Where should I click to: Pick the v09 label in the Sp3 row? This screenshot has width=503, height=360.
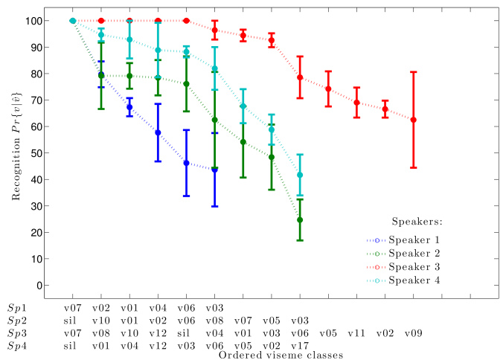(x=413, y=333)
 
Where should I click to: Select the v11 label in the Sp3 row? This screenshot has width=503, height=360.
(x=356, y=333)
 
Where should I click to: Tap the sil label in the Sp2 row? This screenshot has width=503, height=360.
(x=72, y=320)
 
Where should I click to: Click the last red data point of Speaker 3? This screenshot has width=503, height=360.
(x=414, y=120)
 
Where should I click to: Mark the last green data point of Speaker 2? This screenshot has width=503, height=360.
(x=300, y=220)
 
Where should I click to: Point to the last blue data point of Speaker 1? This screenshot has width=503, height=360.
(x=215, y=170)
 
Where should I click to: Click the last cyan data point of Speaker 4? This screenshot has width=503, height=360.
(x=300, y=175)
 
